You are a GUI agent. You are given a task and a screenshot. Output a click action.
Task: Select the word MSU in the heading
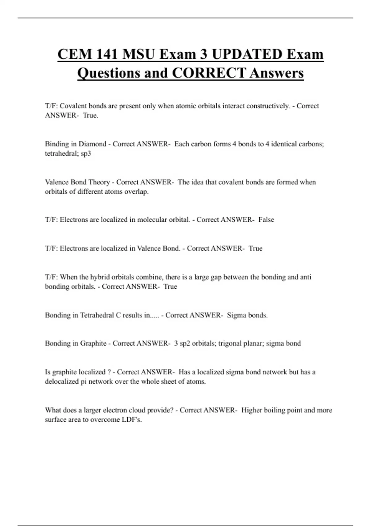pyautogui.click(x=138, y=54)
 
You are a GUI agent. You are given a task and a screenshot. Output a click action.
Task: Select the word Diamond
pyautogui.click(x=92, y=144)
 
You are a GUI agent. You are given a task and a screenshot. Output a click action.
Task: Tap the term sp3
pyautogui.click(x=86, y=153)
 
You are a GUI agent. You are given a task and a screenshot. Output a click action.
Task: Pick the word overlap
pyautogui.click(x=136, y=192)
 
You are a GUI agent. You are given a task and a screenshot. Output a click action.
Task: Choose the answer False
pyautogui.click(x=266, y=220)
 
